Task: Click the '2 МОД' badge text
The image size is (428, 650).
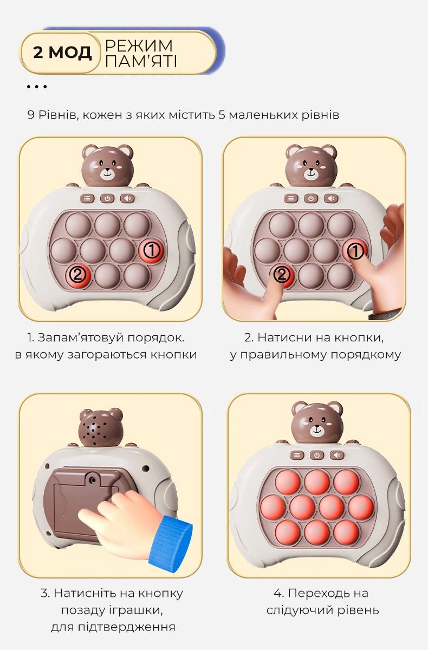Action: (x=62, y=53)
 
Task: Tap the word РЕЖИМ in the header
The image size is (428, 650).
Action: (x=139, y=45)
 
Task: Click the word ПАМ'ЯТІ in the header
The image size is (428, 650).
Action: (x=141, y=61)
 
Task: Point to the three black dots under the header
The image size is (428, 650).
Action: (x=36, y=87)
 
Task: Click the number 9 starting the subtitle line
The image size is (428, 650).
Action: (x=31, y=115)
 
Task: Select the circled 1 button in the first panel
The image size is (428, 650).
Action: (x=152, y=250)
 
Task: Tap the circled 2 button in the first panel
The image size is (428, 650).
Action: (x=78, y=275)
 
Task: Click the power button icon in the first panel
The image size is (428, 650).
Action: (x=107, y=198)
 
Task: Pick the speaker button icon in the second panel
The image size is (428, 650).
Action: (x=331, y=198)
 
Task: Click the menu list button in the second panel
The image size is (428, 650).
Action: (x=290, y=198)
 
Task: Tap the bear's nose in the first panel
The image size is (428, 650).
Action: (x=108, y=169)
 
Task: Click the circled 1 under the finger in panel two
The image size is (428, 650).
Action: (x=355, y=251)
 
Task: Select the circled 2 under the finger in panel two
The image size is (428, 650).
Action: (x=281, y=275)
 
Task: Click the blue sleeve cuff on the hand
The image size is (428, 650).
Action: (x=171, y=545)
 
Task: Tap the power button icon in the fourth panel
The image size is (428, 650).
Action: (x=316, y=455)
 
